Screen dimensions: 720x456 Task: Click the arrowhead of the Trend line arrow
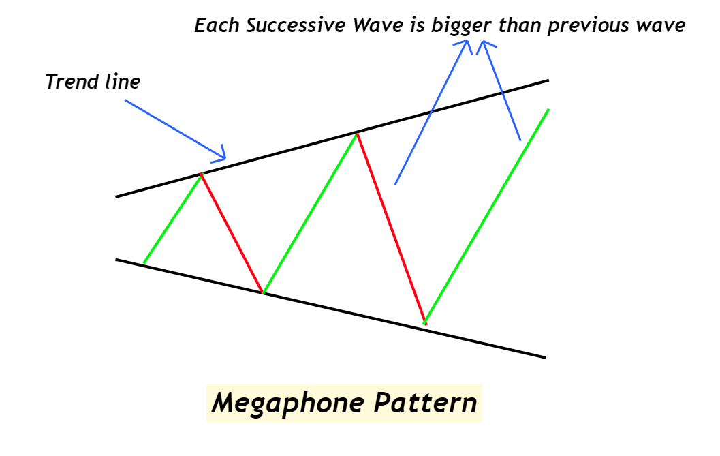point(221,157)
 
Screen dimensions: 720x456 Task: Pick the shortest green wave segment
point(172,218)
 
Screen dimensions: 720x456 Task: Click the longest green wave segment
point(486,215)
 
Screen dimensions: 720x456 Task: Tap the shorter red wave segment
point(232,233)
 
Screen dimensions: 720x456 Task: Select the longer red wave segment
point(390,228)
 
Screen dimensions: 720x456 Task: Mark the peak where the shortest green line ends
point(201,174)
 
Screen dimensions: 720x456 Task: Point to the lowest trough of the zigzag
point(424,322)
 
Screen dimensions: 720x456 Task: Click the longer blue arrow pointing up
point(432,112)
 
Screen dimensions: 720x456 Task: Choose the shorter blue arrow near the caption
point(503,92)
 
